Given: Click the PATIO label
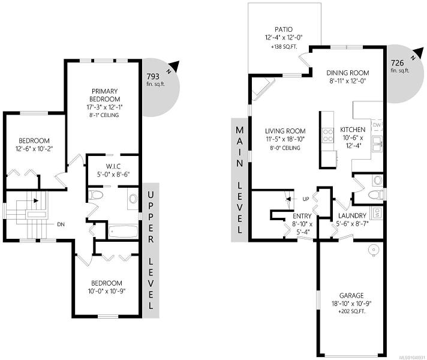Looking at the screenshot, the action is click(284, 29).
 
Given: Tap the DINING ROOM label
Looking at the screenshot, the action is click(348, 73).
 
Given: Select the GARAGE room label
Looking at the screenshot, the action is click(351, 295).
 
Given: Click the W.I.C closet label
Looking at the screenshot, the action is click(113, 166).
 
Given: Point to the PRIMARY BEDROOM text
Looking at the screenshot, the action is click(105, 95).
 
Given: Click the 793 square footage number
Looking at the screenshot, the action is click(153, 76).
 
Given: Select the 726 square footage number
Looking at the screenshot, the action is click(398, 63).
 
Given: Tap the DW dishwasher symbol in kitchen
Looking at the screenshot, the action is click(377, 125).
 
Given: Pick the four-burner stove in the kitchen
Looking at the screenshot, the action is click(328, 136).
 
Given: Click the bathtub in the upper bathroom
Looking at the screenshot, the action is click(123, 231).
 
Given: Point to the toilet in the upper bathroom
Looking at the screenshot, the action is click(95, 195).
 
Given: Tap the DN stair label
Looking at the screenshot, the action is click(61, 224).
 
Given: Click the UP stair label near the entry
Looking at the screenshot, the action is click(306, 199).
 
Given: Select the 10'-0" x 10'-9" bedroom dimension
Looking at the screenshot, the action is click(107, 291).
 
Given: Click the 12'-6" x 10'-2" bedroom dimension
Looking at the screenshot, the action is click(34, 149).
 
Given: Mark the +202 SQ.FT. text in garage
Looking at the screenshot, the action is click(351, 311).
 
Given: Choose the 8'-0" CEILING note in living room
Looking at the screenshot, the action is click(285, 148).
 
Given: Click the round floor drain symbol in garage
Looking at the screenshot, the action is click(372, 250).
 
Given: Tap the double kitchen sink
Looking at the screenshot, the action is click(377, 144).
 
